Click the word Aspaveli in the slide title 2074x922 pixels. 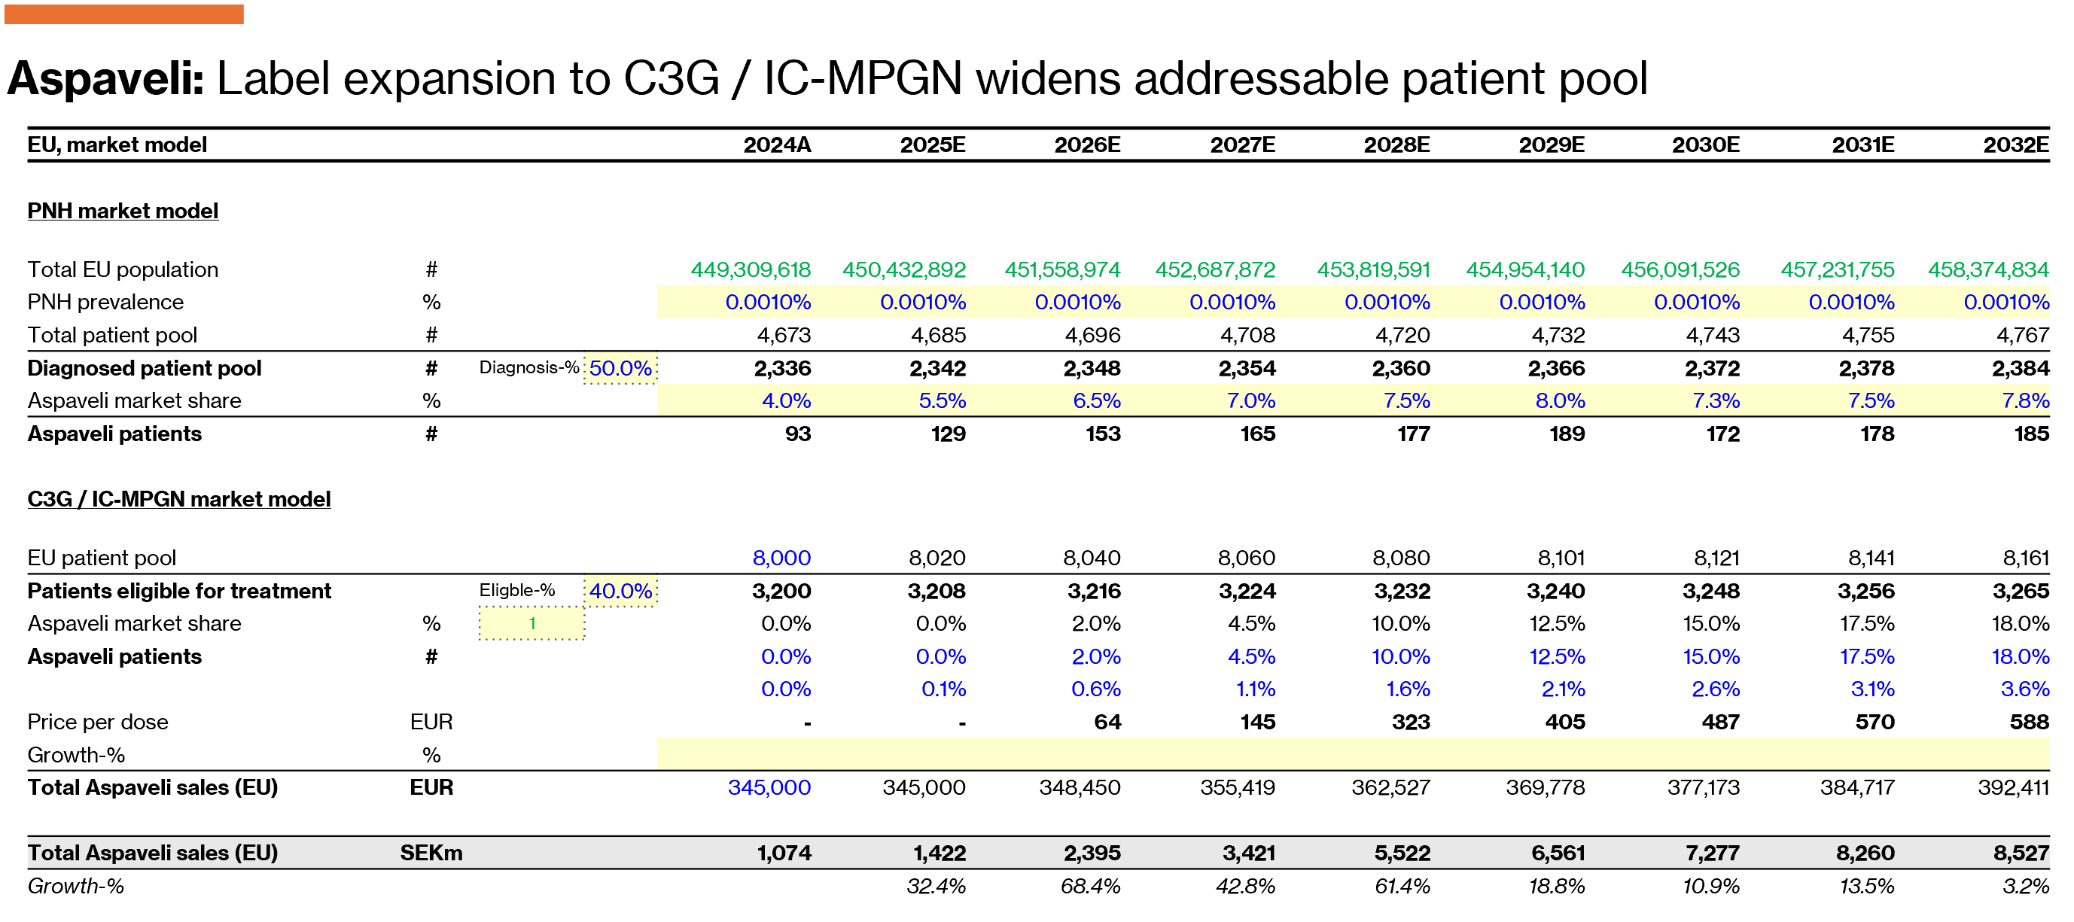pyautogui.click(x=105, y=80)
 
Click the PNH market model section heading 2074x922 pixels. pyautogui.click(x=123, y=211)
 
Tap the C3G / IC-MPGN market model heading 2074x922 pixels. pyautogui.click(x=178, y=499)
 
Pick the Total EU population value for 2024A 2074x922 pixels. pyautogui.click(x=751, y=269)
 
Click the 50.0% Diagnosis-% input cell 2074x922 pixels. pyautogui.click(x=620, y=369)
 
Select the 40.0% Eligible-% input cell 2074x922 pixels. pyautogui.click(x=620, y=591)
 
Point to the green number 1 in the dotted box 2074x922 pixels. pyautogui.click(x=532, y=624)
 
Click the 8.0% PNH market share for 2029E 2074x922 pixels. pyautogui.click(x=1560, y=401)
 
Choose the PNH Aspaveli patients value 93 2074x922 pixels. pyautogui.click(x=797, y=434)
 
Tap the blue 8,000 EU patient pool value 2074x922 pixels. pyautogui.click(x=781, y=558)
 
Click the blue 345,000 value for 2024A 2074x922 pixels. pyautogui.click(x=769, y=787)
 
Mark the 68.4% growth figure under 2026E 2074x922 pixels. pyautogui.click(x=1090, y=887)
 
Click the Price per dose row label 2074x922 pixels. pyautogui.click(x=97, y=723)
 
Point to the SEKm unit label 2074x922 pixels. pyautogui.click(x=431, y=854)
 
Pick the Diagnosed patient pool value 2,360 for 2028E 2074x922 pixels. pyautogui.click(x=1401, y=369)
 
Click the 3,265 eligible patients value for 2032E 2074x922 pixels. pyautogui.click(x=2020, y=591)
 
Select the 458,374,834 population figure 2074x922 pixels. pyautogui.click(x=1988, y=269)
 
